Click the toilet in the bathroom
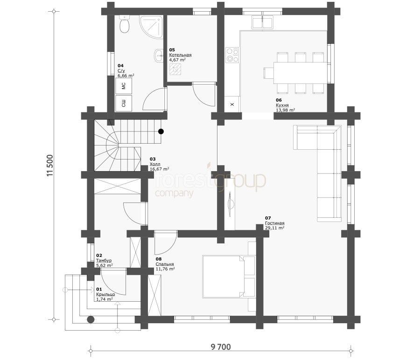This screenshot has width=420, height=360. click(124, 24)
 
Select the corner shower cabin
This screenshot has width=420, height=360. click(151, 27)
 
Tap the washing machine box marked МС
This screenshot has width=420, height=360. click(124, 86)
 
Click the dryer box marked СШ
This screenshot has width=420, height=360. click(124, 103)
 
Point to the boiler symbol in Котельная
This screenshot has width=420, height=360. click(175, 69)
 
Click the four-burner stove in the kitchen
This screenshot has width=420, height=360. click(232, 55)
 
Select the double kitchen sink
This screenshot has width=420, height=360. click(262, 22)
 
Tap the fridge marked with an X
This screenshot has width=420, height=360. click(232, 104)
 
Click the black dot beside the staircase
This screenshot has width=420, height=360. click(161, 132)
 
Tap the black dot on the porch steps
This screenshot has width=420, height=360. click(91, 319)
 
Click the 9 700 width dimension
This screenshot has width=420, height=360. click(221, 347)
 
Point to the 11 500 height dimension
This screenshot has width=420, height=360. click(50, 166)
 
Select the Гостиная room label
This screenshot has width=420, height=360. click(275, 223)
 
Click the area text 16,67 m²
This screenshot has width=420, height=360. click(160, 169)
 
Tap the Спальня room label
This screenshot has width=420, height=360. click(165, 264)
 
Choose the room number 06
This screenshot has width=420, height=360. click(279, 100)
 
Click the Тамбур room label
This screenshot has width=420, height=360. click(104, 260)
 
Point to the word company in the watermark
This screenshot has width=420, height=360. click(174, 193)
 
